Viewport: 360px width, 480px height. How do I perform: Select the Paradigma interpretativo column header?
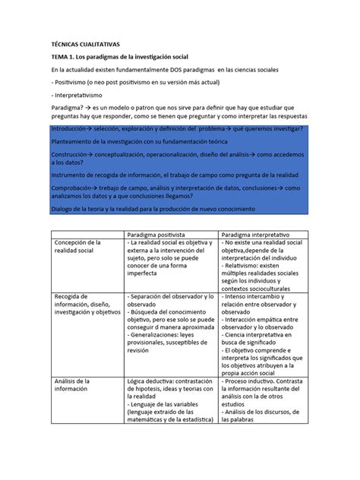click(x=261, y=235)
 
